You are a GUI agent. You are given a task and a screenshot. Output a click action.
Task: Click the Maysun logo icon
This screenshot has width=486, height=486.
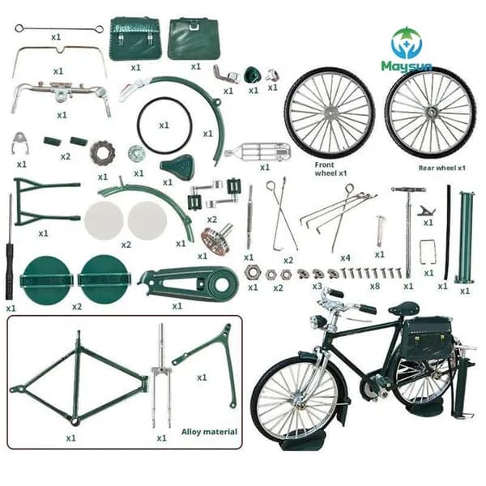pos(407,43)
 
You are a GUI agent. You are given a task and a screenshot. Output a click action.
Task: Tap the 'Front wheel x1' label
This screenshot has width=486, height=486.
pos(330,169)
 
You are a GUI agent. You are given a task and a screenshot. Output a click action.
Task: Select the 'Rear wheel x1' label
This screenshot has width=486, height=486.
pos(442,168)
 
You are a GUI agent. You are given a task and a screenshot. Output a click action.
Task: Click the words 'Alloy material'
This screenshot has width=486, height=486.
pos(209,432)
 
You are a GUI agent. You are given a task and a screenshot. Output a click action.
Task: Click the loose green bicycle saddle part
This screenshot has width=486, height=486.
pos(177,166)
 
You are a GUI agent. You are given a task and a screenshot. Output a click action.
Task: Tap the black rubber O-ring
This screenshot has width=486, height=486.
pos(164,126)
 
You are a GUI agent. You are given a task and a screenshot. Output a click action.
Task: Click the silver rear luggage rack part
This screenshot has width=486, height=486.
pos(258,152)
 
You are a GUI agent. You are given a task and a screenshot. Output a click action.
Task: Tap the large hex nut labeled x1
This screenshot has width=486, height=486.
pos(253,272)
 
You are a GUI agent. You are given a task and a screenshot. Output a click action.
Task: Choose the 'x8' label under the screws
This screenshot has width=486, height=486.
pos(375,286)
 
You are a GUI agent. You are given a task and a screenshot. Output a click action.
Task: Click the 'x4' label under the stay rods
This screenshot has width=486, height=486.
pos(345,258)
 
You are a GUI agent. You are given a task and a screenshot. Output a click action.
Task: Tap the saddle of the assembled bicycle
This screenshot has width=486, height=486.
pos(403,309)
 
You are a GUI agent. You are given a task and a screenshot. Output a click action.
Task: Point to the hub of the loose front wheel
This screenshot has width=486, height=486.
pos(330,113)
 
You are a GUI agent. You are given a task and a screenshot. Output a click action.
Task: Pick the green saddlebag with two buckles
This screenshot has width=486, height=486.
pos(135,39)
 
